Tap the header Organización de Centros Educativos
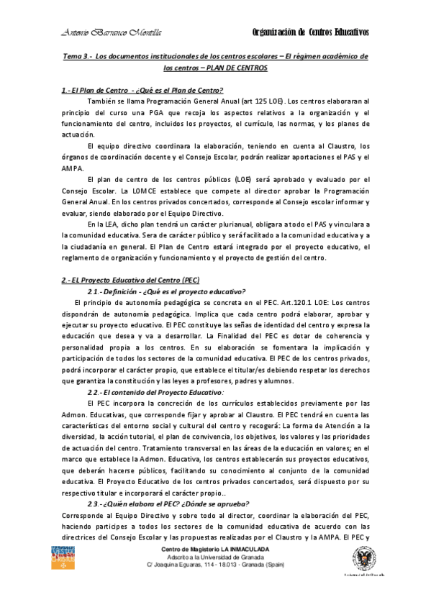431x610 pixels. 312,32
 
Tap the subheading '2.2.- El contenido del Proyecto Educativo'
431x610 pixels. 155,391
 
